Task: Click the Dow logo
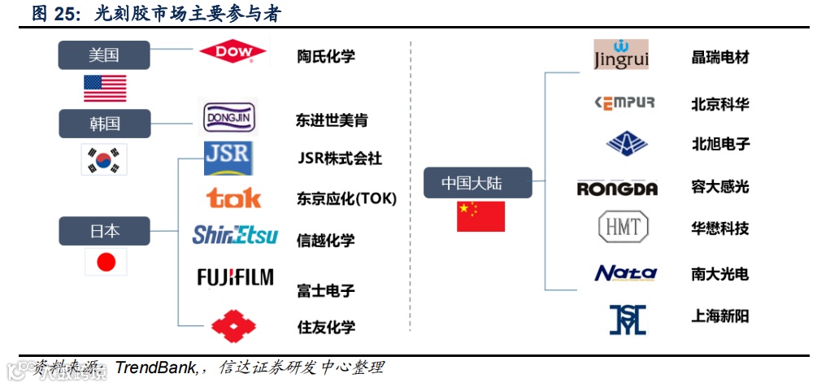233,52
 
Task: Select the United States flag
104,88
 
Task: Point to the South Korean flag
104,159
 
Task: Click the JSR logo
228,158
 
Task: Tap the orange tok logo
233,198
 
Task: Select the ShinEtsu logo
235,236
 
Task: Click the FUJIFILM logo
235,277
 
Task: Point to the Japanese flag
106,262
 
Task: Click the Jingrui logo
620,54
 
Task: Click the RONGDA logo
617,189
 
